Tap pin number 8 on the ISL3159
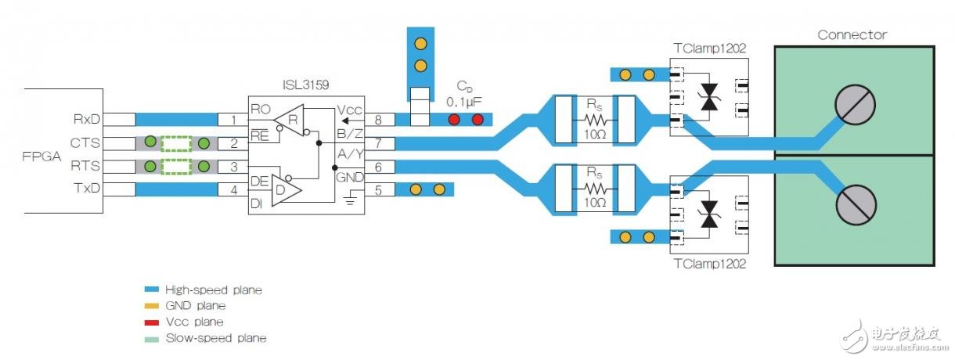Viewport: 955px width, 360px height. (x=379, y=120)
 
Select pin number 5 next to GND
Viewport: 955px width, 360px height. (x=379, y=189)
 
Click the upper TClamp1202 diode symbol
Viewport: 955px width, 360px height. (x=709, y=98)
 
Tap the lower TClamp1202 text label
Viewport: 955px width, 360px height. (x=709, y=264)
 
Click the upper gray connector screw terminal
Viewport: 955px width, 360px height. (x=855, y=104)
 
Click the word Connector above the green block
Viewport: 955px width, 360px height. (x=852, y=35)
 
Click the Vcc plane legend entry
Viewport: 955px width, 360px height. (x=195, y=322)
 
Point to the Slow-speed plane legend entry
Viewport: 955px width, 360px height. (x=215, y=338)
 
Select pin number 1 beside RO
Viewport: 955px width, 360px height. (x=232, y=120)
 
